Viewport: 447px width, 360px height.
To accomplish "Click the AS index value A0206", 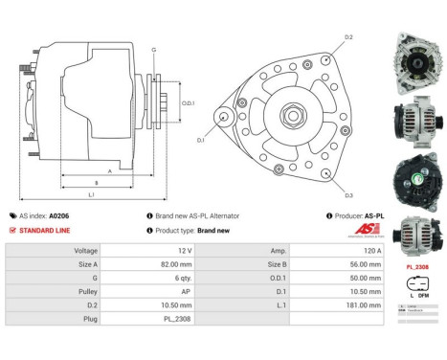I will [x=58, y=216].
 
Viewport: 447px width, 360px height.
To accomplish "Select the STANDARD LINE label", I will [x=45, y=231].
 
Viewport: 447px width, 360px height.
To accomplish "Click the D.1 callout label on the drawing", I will [x=201, y=141].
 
